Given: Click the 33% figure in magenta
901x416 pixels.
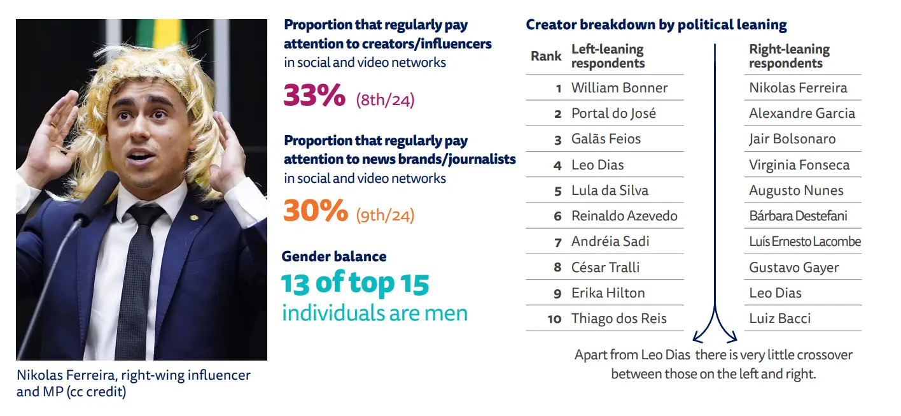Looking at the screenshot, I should click(314, 96).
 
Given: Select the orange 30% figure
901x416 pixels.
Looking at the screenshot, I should click(315, 211).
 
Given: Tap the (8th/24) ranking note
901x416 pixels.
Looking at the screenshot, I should click(385, 100).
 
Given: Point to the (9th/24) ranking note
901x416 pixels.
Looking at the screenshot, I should click(385, 215).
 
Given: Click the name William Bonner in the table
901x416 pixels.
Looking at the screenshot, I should click(619, 88).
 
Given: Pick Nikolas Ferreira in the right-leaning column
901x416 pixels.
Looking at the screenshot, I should click(798, 88).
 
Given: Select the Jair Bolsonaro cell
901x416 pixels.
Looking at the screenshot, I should click(792, 139).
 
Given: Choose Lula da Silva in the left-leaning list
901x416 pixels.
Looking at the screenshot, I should click(610, 190).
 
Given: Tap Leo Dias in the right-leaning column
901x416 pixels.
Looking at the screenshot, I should click(775, 293).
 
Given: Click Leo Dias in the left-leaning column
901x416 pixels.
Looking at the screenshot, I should click(597, 165).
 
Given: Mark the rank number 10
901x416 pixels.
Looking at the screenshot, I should click(554, 319).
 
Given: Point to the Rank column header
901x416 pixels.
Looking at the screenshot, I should click(546, 56).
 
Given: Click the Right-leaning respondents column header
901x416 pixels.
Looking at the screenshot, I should click(789, 56).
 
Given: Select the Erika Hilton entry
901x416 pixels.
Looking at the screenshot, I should click(608, 293).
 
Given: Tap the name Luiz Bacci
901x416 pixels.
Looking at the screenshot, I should click(779, 319).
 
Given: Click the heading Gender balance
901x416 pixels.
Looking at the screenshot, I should click(334, 257).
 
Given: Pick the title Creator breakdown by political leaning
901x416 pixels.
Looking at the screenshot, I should click(656, 25).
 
